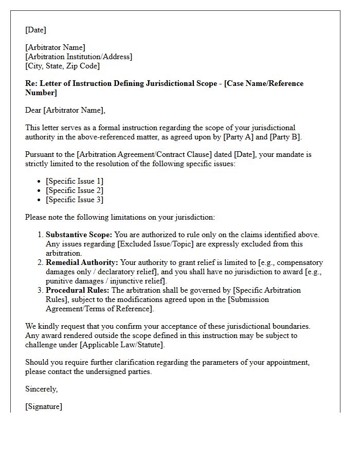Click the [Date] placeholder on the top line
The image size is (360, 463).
[x=35, y=30]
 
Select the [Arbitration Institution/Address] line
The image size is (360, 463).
[x=79, y=57]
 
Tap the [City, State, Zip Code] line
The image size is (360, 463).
[x=62, y=66]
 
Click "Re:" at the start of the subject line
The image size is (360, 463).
[x=31, y=83]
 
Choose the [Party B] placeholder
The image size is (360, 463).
[x=284, y=137]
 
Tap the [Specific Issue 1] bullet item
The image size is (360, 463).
[x=75, y=181]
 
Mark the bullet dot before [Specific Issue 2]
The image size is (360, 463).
[x=40, y=191]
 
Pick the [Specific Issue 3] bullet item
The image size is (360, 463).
[x=75, y=200]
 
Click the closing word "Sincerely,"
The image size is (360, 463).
[x=41, y=389]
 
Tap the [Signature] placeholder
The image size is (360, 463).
[x=44, y=406]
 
